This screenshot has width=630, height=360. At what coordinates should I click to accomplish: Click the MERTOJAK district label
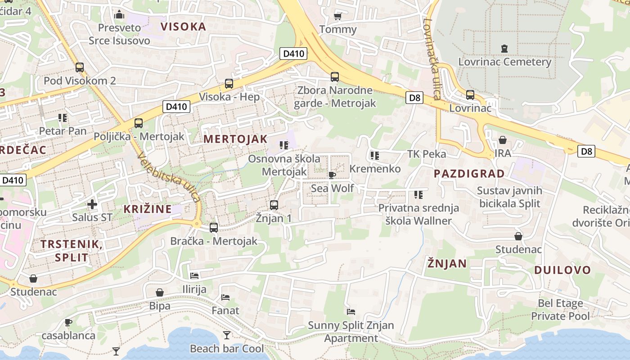pos(235,139)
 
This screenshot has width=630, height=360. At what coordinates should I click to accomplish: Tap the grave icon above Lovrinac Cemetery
pos(504,48)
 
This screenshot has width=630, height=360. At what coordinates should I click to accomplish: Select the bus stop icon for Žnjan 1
pos(274,205)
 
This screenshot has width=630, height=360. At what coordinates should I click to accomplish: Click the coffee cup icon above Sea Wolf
pos(332,175)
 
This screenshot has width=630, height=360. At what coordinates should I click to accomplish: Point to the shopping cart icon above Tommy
pos(337,17)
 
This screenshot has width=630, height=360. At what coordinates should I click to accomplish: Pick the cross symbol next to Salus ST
pos(92,204)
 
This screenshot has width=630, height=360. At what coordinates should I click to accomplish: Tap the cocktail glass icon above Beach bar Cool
pos(226,335)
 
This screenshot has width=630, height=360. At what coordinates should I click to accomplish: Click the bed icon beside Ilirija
pos(194,275)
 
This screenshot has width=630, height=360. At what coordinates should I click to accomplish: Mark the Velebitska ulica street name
pos(169,176)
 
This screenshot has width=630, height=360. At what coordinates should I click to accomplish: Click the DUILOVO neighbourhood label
pos(562,270)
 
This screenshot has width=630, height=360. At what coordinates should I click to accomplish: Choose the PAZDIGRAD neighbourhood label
pos(469,174)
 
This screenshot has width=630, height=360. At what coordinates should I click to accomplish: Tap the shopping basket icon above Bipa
pos(159,293)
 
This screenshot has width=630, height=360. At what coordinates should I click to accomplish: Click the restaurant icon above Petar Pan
pos(63,118)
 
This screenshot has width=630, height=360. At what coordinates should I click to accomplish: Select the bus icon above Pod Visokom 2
pos(80,67)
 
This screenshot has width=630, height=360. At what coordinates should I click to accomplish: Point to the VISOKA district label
pos(183,27)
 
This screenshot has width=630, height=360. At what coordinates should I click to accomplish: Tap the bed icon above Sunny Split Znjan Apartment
pos(351,311)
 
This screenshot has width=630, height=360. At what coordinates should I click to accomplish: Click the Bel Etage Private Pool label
pos(560,310)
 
